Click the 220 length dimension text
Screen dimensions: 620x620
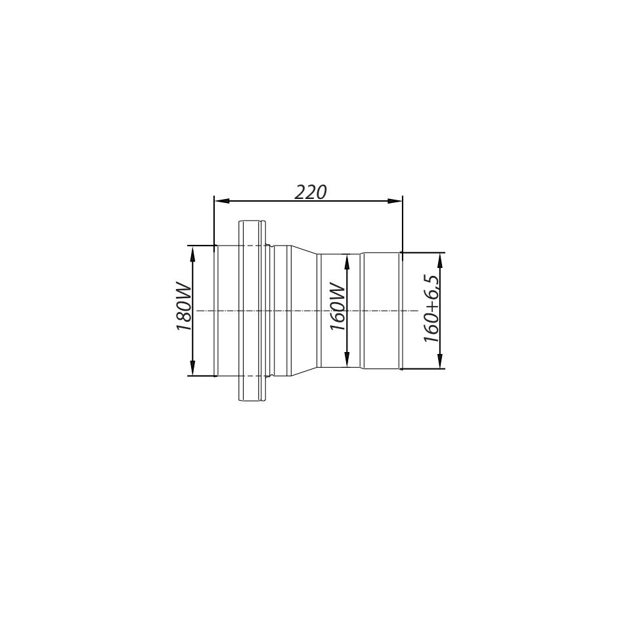[x=311, y=192]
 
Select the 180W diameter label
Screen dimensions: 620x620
[x=184, y=307]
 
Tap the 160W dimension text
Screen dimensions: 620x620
[x=338, y=306]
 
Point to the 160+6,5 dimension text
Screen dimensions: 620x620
[x=432, y=309]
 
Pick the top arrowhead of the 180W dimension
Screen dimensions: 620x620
[x=193, y=252]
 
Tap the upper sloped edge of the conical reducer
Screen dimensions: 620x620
[x=303, y=250]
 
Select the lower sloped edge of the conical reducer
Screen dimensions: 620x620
[x=303, y=372]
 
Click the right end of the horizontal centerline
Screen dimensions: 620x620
[x=418, y=311]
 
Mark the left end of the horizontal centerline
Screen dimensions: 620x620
[x=198, y=311]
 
